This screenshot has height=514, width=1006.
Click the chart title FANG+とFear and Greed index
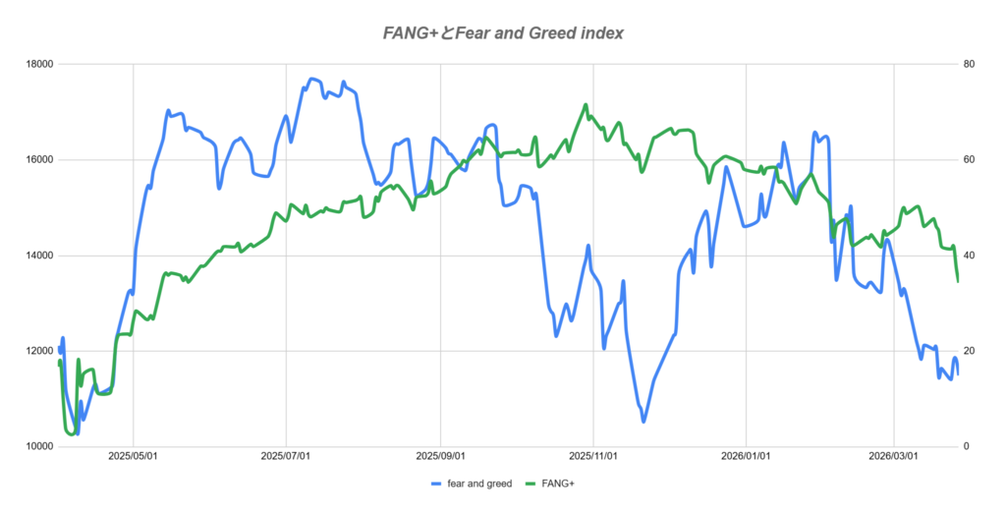click(502, 33)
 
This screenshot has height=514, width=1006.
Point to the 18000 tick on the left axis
click(38, 64)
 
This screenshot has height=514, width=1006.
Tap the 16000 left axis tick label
click(38, 160)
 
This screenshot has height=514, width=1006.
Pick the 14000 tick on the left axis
click(38, 256)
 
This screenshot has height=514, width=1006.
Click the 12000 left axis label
click(38, 351)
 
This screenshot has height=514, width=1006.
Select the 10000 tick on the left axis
click(38, 447)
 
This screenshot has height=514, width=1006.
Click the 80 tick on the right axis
click(969, 64)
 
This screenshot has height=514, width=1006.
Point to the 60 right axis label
click(969, 160)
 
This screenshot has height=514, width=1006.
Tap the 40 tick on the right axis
click(969, 256)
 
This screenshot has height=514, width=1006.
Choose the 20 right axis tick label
click(969, 351)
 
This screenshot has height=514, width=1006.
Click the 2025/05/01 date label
click(134, 457)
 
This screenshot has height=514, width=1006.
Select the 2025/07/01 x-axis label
click(286, 457)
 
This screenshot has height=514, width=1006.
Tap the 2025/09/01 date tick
click(440, 457)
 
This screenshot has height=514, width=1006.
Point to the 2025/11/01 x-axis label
click(593, 457)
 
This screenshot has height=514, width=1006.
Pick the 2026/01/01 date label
click(746, 457)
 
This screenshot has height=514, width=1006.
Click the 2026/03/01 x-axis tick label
click(893, 457)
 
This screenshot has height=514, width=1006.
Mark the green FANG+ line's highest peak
click(586, 104)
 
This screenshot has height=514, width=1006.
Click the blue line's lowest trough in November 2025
click(644, 421)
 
